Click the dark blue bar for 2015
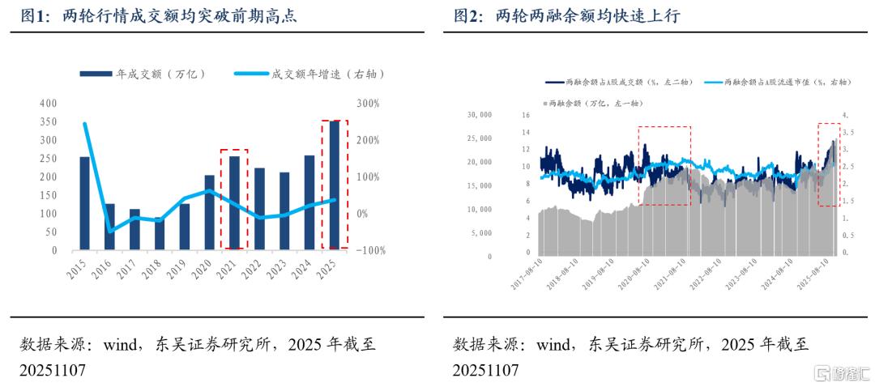(84, 203)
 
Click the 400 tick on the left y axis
(48, 104)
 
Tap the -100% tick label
(369, 251)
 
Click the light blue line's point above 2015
(85, 124)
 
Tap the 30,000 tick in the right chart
(480, 115)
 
